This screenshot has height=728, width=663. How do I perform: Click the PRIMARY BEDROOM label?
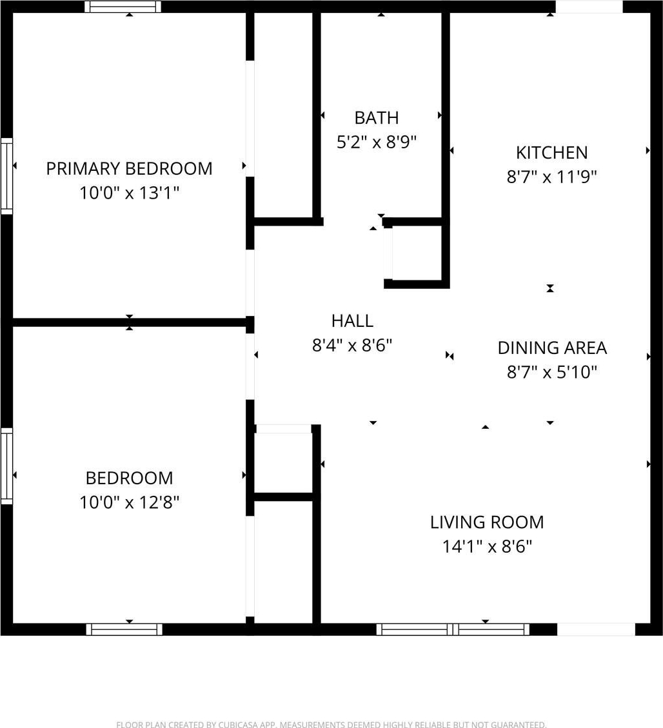[129, 168]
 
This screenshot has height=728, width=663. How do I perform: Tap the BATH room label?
[377, 118]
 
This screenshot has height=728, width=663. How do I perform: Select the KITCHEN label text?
[551, 153]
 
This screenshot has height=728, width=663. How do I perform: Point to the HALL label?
[352, 321]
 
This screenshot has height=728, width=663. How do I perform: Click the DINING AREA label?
[552, 348]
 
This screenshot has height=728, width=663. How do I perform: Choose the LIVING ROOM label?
[486, 522]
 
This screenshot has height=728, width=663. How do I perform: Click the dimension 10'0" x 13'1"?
[129, 193]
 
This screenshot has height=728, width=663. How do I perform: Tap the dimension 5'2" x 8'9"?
[377, 142]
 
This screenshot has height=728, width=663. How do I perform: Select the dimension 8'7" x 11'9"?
[551, 177]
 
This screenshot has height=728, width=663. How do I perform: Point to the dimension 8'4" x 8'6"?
[352, 345]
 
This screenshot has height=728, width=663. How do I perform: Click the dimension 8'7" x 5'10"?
[552, 372]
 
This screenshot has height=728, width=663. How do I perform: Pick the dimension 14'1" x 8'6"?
[486, 546]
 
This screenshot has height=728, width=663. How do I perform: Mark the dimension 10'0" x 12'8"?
[129, 502]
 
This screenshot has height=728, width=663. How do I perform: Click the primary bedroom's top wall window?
[123, 6]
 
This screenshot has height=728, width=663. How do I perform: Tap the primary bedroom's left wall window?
[6, 176]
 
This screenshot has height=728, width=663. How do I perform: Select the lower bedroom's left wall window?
[6, 466]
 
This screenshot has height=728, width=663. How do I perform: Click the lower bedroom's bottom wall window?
[124, 629]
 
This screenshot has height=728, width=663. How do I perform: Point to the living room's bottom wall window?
[453, 629]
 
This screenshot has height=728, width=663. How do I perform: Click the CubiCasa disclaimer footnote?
[331, 724]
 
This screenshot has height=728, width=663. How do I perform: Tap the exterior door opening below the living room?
[596, 629]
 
